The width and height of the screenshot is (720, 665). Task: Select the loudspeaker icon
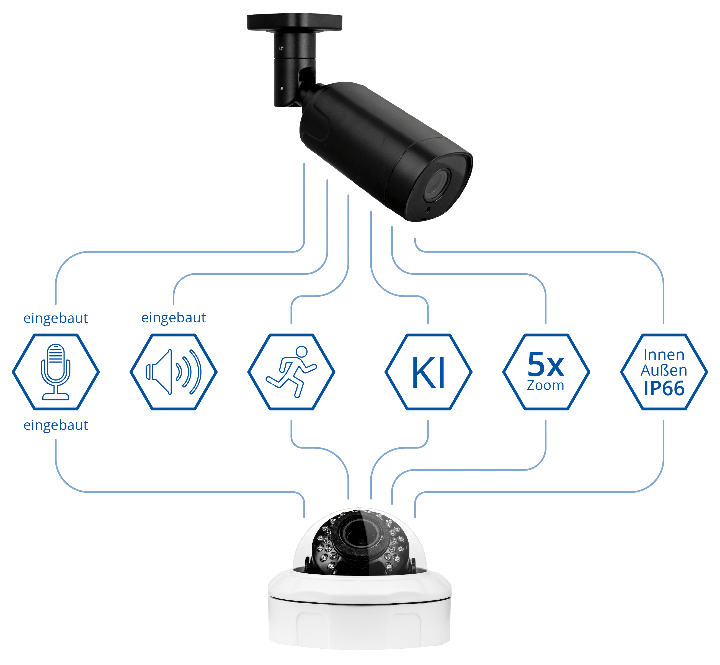click(x=173, y=372)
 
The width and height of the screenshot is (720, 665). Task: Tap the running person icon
click(x=291, y=372)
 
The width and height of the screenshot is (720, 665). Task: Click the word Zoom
click(x=546, y=385)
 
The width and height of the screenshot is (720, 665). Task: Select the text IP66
click(x=664, y=389)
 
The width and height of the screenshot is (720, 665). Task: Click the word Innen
click(x=664, y=355)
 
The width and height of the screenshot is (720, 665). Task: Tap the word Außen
click(x=664, y=370)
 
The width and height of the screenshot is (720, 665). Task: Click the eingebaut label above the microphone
click(x=56, y=319)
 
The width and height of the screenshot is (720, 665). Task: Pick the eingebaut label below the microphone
click(x=56, y=425)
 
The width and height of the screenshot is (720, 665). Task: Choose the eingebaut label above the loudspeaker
click(x=174, y=318)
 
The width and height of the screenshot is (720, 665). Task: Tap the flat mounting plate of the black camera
click(x=295, y=22)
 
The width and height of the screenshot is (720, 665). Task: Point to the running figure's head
click(x=301, y=351)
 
